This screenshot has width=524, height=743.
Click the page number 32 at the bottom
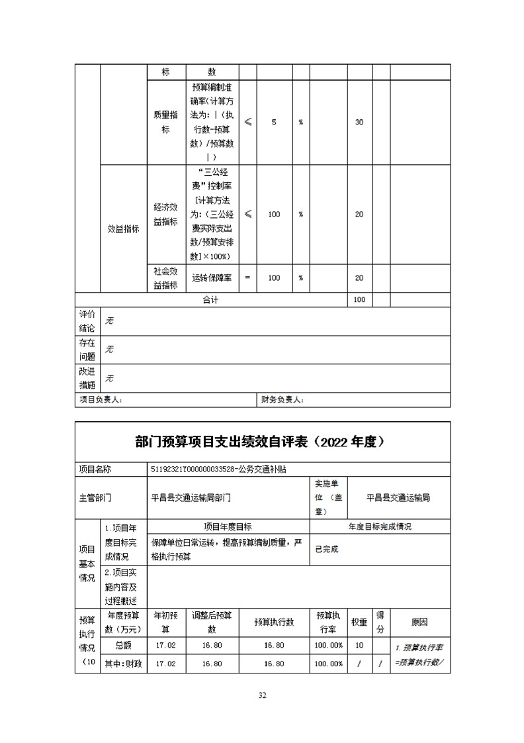[x=262, y=695]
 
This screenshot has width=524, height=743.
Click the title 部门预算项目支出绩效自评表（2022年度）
[x=263, y=442]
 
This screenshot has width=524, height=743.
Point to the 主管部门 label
[x=95, y=497]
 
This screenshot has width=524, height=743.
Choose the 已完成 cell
[x=327, y=550]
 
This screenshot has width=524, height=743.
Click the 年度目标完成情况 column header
[x=380, y=527]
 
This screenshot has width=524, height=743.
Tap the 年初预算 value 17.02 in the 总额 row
[x=165, y=645]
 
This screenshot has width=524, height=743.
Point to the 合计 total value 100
[x=359, y=300]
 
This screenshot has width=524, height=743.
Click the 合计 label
[x=210, y=300]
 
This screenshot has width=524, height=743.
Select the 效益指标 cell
[x=123, y=229]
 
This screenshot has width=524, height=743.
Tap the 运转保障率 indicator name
[x=211, y=279]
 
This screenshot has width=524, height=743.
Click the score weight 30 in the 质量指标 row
[x=359, y=123]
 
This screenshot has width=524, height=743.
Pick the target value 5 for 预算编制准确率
[x=274, y=123]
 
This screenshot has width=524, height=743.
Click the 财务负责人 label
[x=283, y=400]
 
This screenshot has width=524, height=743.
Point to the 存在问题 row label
[x=87, y=350]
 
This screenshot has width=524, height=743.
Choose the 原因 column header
[x=419, y=622]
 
